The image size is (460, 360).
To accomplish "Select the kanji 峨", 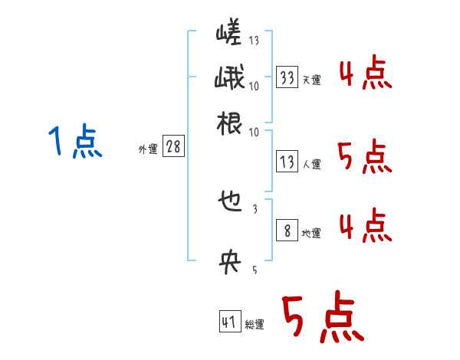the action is [229, 79].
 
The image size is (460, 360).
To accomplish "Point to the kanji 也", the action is [229, 203].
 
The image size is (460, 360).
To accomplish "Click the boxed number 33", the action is [287, 77].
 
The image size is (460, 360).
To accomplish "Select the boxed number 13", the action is [287, 162].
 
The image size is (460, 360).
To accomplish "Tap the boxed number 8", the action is [287, 231].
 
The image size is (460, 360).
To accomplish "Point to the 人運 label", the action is [311, 164].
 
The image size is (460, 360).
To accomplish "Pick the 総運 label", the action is [255, 325].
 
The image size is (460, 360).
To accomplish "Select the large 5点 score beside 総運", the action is [321, 319].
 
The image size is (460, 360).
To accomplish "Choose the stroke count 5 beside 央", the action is [255, 269].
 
